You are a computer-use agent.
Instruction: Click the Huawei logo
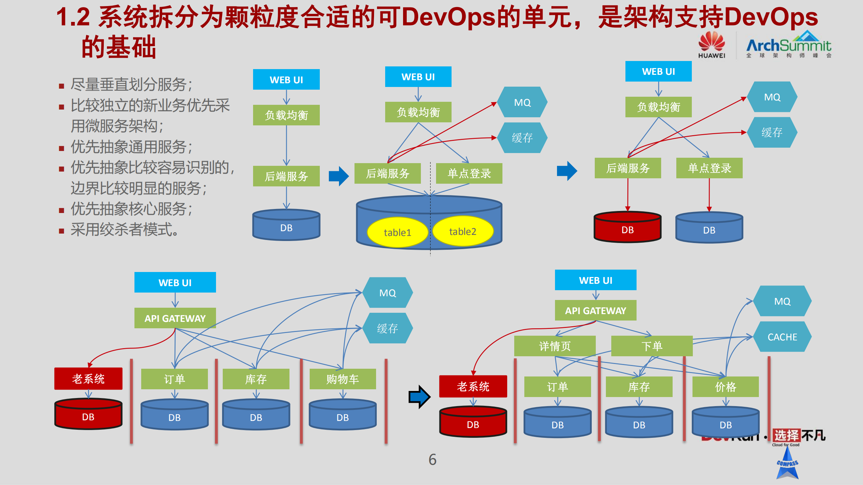[711, 45]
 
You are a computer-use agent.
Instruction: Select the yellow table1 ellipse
[397, 232]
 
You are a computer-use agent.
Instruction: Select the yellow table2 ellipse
[463, 231]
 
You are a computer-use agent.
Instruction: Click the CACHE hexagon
[782, 337]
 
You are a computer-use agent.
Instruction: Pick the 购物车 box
[342, 379]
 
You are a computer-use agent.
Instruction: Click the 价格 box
[726, 387]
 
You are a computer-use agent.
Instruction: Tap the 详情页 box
[555, 346]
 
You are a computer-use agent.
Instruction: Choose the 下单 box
[652, 346]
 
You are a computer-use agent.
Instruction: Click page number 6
[432, 459]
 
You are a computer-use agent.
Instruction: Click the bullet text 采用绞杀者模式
[125, 230]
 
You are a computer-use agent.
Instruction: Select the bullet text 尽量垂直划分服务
[131, 84]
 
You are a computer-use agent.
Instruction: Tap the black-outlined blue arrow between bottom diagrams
[419, 397]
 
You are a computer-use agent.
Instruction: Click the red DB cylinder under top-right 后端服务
[627, 228]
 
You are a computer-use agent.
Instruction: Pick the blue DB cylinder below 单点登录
[709, 228]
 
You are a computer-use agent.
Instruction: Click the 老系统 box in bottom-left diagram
[88, 378]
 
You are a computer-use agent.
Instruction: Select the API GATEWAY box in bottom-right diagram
[595, 310]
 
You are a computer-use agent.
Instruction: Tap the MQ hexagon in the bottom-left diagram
[388, 293]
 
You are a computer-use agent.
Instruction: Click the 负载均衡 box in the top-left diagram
[286, 115]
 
